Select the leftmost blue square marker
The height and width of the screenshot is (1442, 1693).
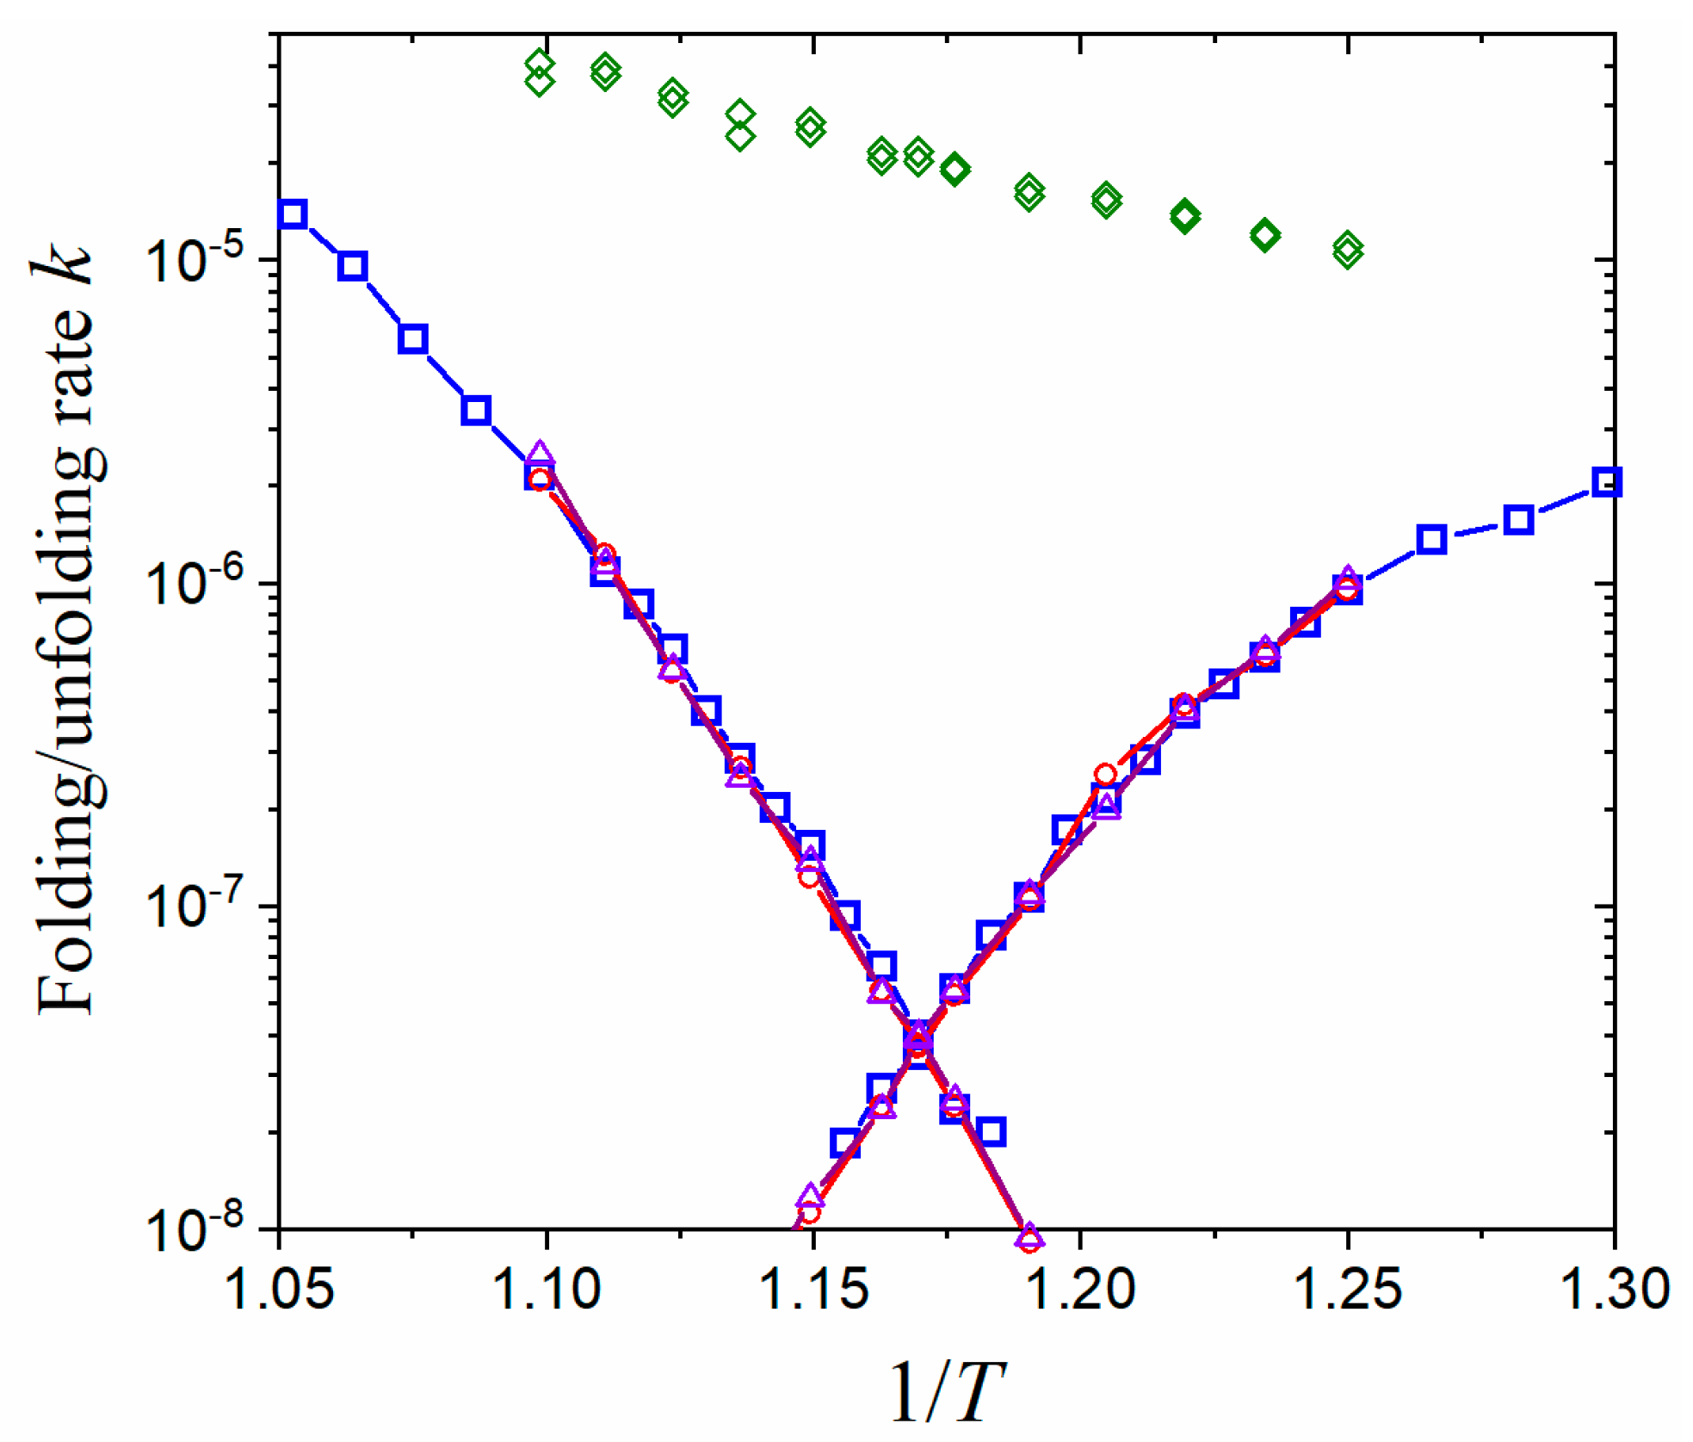[293, 214]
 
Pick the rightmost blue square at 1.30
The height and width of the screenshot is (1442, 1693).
[1606, 482]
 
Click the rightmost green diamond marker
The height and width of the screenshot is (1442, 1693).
[1348, 250]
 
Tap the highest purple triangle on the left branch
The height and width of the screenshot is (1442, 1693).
[539, 453]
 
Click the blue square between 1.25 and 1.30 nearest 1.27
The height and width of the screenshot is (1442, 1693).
[1430, 540]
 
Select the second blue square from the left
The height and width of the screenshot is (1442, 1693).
[352, 266]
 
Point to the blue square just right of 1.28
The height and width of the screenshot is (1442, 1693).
[1518, 520]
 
